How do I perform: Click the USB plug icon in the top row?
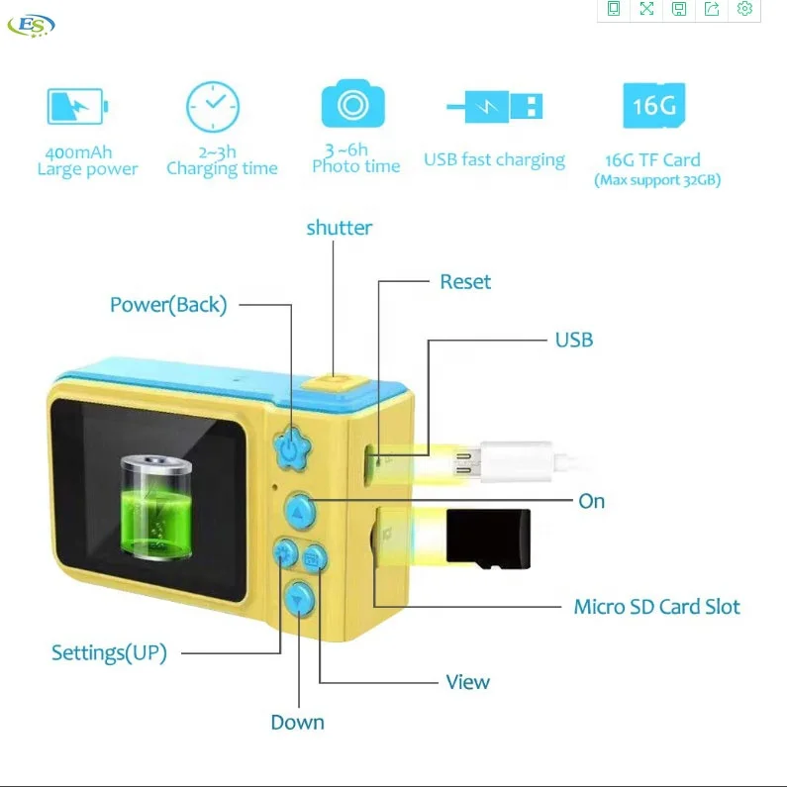point(494,106)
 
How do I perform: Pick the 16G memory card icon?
point(653,105)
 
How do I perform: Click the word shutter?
point(339,228)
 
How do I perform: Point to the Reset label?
point(465,282)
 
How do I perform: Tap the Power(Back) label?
point(168,305)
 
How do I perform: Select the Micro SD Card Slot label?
point(656,607)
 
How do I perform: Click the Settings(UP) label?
point(109,653)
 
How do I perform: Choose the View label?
point(467,682)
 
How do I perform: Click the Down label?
point(297,723)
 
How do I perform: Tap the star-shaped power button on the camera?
point(290,447)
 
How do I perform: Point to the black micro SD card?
point(489,540)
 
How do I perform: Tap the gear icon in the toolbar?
point(745,10)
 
